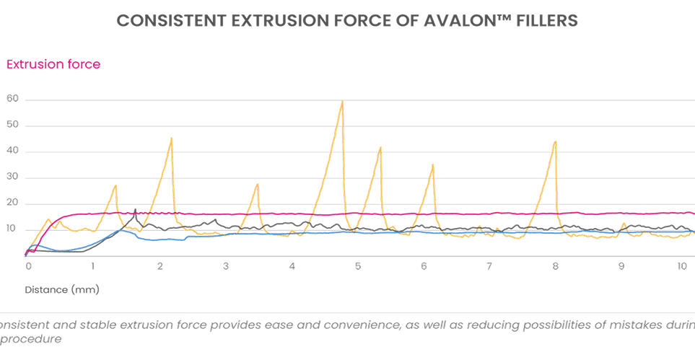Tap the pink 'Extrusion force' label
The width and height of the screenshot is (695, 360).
[53, 64]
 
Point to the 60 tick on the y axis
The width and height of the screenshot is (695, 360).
[12, 99]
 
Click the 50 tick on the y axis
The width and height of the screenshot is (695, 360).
[12, 126]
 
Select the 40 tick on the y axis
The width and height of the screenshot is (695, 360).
[12, 152]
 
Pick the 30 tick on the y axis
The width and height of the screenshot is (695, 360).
[12, 178]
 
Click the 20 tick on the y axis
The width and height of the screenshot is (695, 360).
[12, 204]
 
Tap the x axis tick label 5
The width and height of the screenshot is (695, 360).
[357, 265]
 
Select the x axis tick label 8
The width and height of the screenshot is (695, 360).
[555, 265]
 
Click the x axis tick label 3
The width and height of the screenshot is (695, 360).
[226, 265]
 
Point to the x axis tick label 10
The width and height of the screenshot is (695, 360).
[682, 265]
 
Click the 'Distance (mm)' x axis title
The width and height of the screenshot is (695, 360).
[62, 290]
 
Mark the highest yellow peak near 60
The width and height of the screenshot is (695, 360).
[342, 102]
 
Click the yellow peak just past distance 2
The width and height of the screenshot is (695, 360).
[171, 138]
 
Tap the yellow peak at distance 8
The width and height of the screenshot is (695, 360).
[555, 141]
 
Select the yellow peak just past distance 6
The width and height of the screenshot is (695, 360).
[433, 165]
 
